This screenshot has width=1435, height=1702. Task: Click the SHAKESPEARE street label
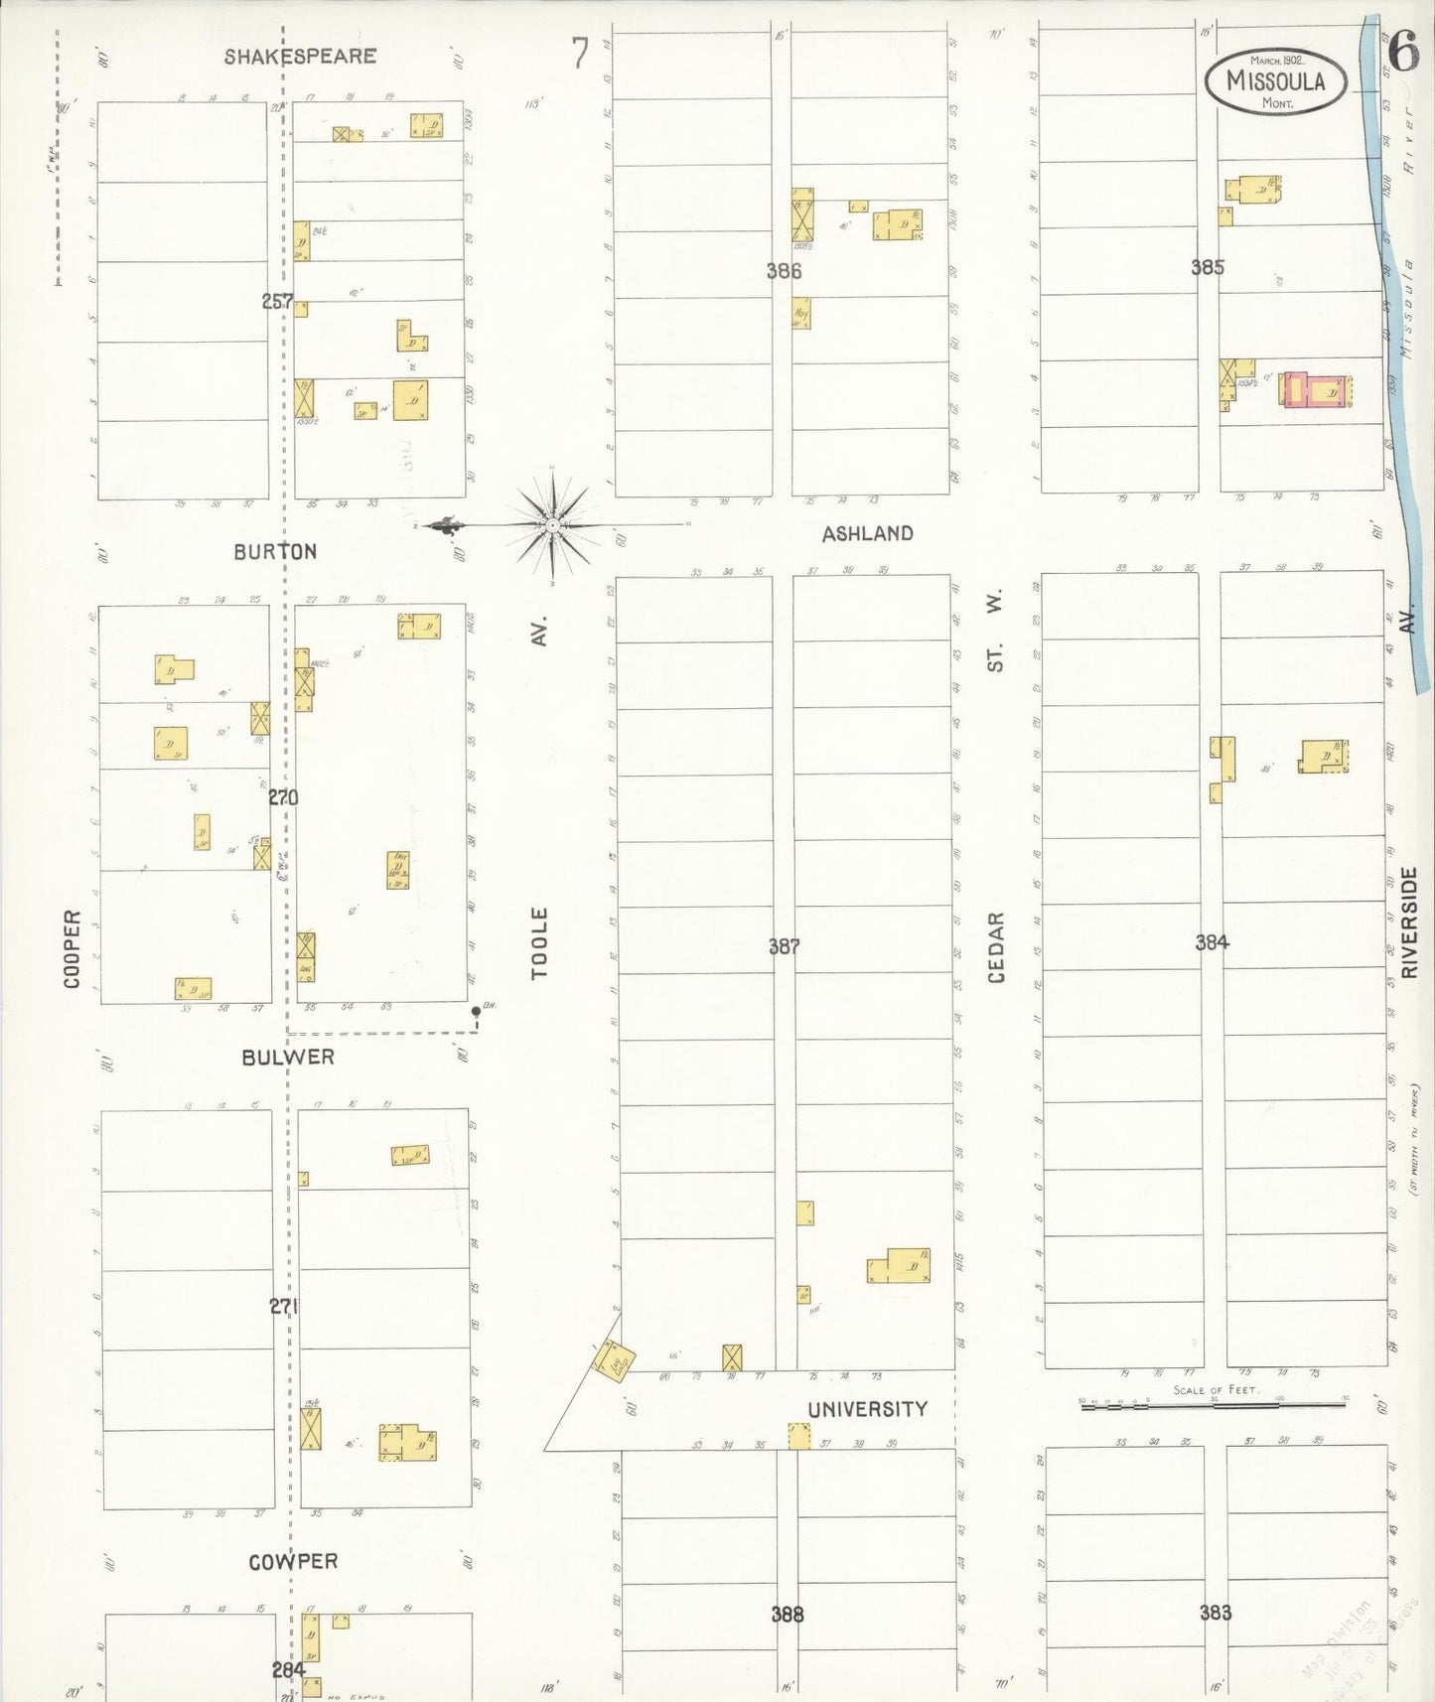pos(300,57)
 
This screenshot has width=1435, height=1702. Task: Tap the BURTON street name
pos(275,552)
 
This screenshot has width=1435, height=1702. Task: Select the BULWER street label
pos(288,1058)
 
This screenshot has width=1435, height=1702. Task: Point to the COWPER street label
pos(293,1562)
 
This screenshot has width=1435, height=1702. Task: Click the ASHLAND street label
pos(867,534)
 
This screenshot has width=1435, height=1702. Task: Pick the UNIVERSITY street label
pos(867,1409)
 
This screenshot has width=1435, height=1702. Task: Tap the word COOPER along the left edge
pos(72,949)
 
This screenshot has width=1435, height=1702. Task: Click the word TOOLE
pos(539,943)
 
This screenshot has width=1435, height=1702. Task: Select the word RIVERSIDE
pos(1408,923)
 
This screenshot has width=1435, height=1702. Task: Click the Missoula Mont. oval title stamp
pos(1276,81)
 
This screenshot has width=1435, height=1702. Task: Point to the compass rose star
pos(552,524)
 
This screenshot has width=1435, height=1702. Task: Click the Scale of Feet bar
pos(1214,1404)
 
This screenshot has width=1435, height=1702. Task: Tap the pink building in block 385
pos(1313,390)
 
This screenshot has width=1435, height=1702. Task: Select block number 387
pos(784,947)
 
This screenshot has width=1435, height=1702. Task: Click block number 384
pos(1212,942)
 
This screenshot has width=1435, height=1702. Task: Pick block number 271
pos(283,1307)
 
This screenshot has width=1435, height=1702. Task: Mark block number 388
pos(787,1615)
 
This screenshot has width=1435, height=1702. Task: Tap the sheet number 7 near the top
pos(580,55)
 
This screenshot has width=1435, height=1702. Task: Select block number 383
pos(1215,1613)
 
